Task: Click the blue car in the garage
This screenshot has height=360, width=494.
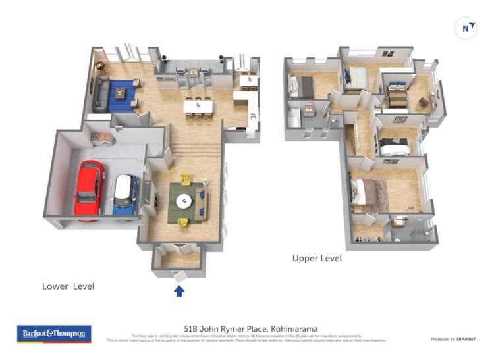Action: (x=124, y=194)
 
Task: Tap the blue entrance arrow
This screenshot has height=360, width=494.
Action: (x=178, y=290)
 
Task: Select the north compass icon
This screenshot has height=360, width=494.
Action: (x=466, y=28)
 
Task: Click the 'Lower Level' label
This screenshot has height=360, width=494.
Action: (x=68, y=286)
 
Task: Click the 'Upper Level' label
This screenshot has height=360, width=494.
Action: (x=317, y=259)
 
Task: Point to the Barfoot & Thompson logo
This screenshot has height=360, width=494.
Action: (x=53, y=334)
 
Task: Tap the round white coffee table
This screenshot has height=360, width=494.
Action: (x=184, y=201)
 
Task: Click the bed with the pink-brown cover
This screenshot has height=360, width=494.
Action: (x=368, y=192)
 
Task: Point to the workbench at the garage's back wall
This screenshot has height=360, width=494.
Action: (x=101, y=137)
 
